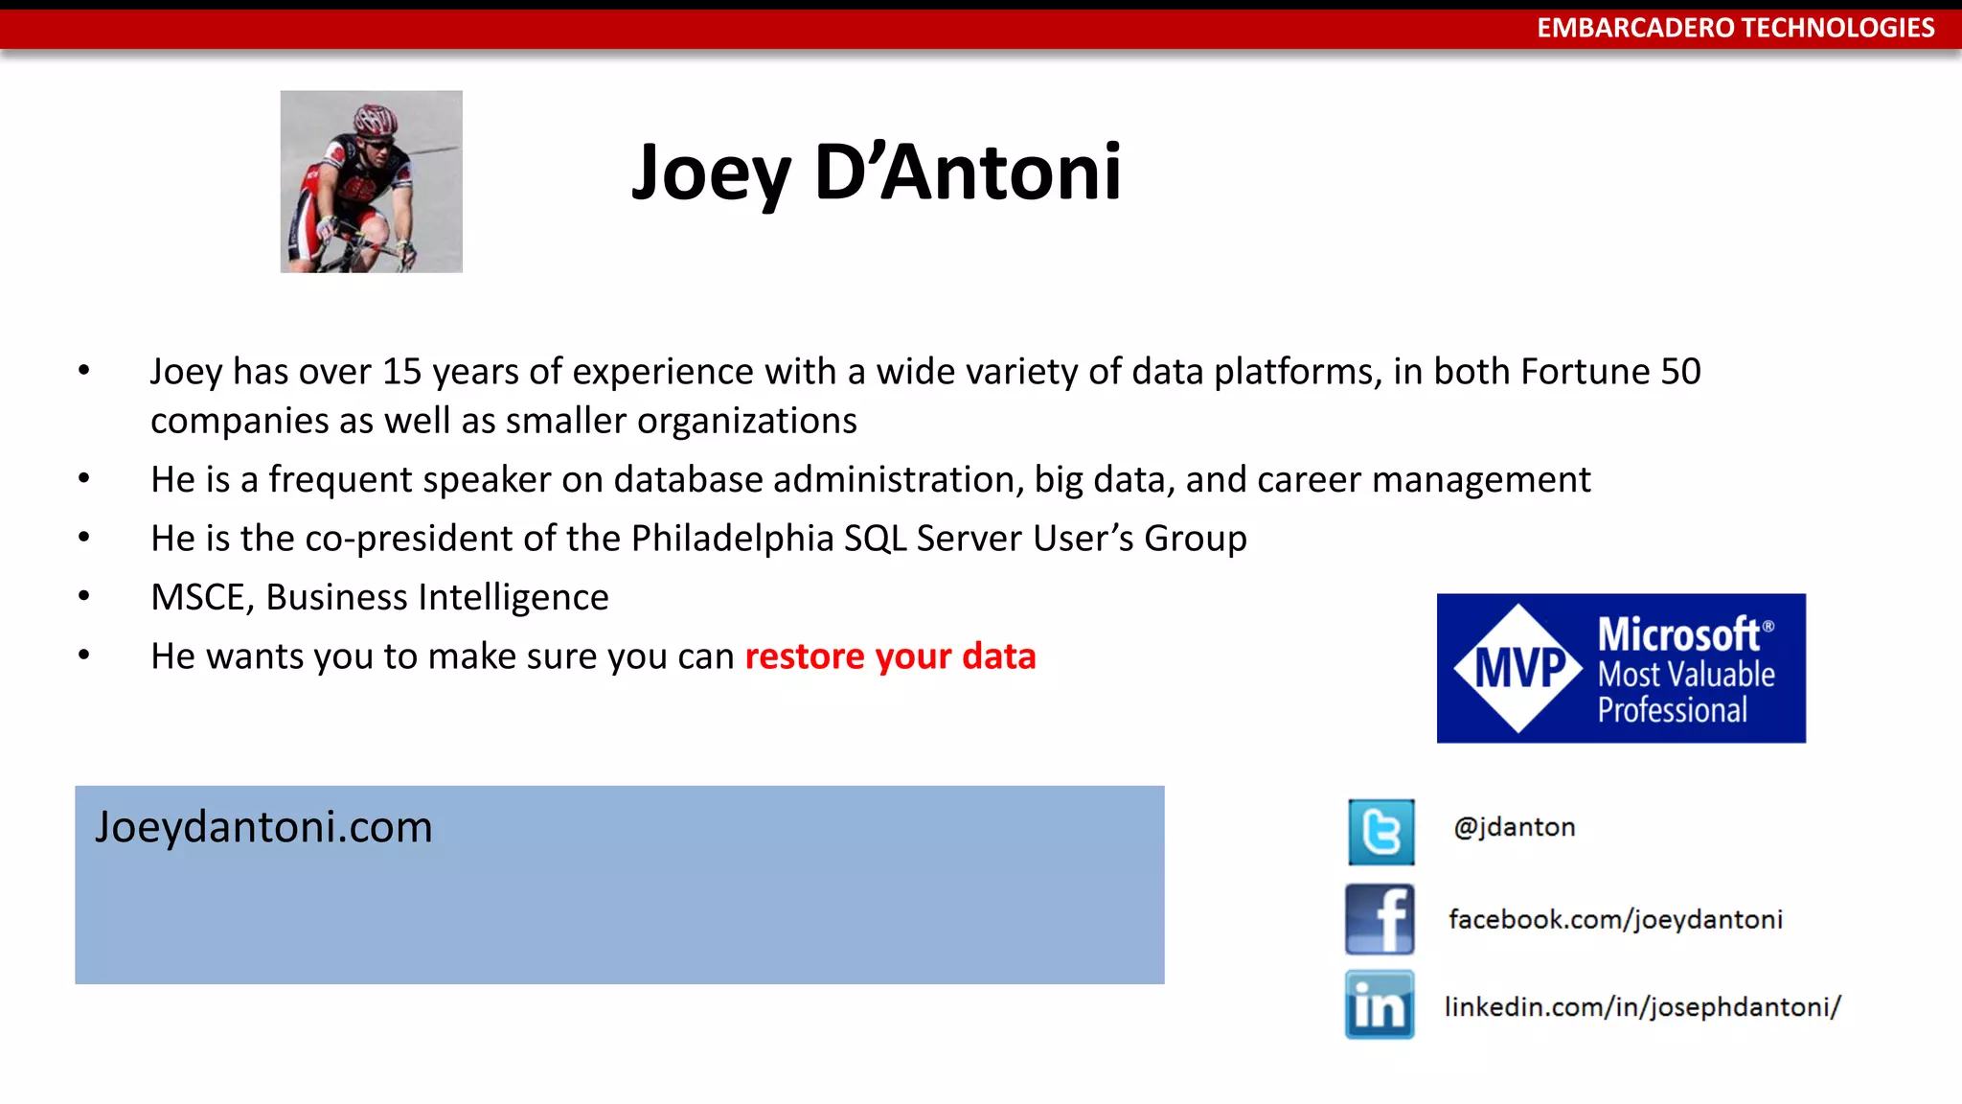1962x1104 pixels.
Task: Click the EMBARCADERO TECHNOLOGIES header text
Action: pos(1735,28)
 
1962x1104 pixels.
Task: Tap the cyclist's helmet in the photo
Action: pos(376,120)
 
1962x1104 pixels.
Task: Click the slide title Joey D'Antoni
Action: pos(876,172)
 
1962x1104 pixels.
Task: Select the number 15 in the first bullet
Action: pos(401,372)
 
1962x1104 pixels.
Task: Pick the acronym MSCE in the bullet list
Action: pos(197,598)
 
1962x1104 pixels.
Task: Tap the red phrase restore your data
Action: pos(890,656)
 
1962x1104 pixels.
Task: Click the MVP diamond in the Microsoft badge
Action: pos(1518,668)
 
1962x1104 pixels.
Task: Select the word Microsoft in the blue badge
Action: pos(1679,634)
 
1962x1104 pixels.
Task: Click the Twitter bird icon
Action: pos(1380,832)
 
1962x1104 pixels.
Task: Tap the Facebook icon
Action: pos(1380,919)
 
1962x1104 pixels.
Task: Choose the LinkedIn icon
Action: pos(1380,1005)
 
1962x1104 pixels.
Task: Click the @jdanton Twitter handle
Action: pos(1514,827)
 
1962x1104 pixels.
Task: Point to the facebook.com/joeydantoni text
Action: pos(1615,920)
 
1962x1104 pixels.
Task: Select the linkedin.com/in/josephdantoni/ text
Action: pos(1642,1007)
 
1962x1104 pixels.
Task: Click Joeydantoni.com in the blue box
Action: pos(263,827)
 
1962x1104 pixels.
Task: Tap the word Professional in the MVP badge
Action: pos(1672,710)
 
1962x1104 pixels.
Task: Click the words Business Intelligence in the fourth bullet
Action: pos(437,598)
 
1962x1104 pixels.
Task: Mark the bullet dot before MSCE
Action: pos(84,596)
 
